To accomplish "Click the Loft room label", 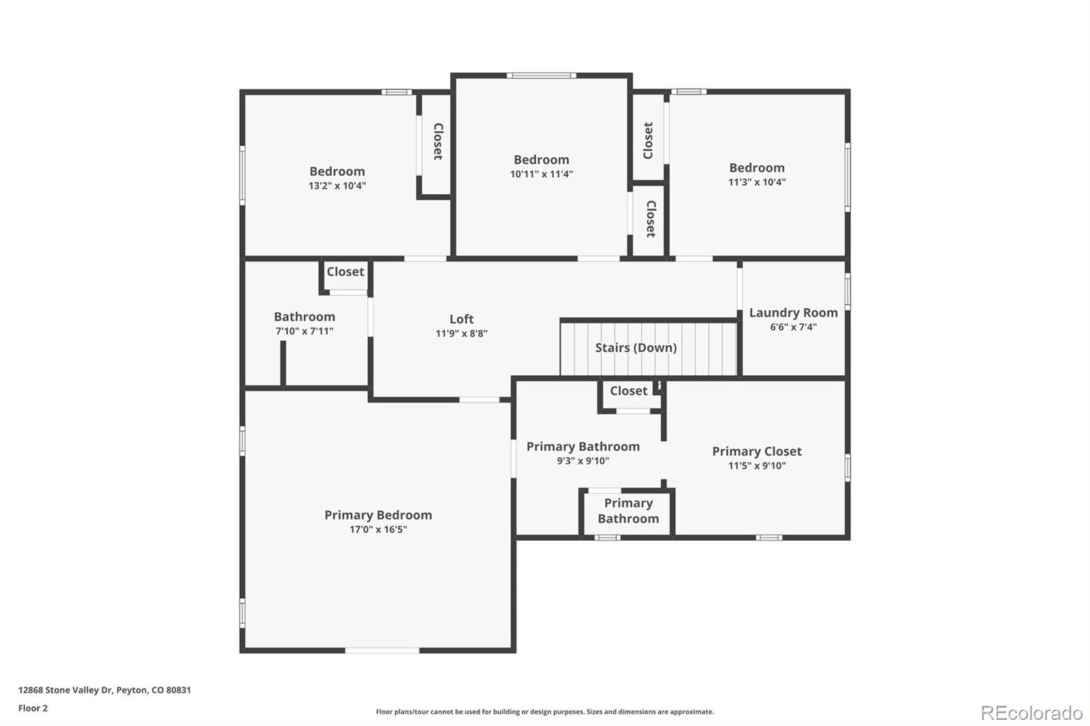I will click(x=461, y=319).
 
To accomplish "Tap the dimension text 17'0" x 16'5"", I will click(x=378, y=529).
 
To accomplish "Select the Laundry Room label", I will click(x=793, y=313).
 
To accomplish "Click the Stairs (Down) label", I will click(x=636, y=347).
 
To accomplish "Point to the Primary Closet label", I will click(x=756, y=451).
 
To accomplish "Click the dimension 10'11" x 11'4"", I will click(x=541, y=174).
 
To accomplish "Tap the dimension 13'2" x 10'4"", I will click(x=337, y=185).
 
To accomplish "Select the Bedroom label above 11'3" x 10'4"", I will click(x=756, y=168).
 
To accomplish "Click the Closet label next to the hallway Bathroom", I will click(x=345, y=271).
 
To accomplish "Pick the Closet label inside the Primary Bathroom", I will click(x=628, y=390).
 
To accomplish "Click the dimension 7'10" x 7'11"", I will click(x=304, y=331).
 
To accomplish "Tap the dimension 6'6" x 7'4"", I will click(x=793, y=327).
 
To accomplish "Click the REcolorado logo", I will click(x=1031, y=712).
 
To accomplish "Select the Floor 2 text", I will click(x=33, y=708).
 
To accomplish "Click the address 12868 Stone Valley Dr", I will click(x=104, y=690).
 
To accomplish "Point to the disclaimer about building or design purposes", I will click(x=544, y=712).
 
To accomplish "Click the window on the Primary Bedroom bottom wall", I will click(x=382, y=650).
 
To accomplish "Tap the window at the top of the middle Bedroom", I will click(x=542, y=76).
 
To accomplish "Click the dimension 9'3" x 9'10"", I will click(x=582, y=460).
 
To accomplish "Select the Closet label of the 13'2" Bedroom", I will click(x=438, y=141).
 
